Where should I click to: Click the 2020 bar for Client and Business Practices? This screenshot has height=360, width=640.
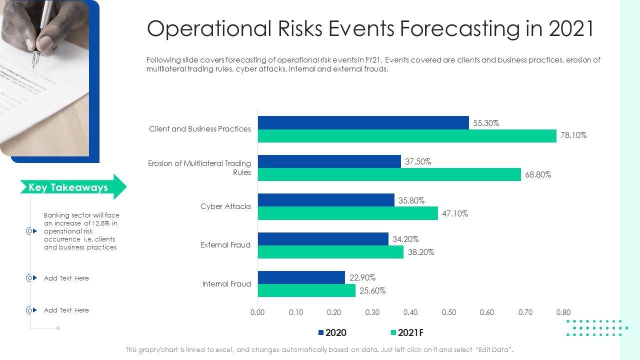[x=363, y=122]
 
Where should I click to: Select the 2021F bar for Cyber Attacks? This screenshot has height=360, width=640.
[x=348, y=213]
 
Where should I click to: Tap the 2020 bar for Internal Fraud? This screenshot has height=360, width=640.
[x=301, y=277]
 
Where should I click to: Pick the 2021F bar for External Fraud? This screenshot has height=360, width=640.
[x=330, y=252]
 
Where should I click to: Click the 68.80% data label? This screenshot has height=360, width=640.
[x=538, y=175]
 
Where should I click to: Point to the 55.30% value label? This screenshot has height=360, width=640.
[x=486, y=123]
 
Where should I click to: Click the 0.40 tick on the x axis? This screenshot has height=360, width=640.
[x=410, y=312]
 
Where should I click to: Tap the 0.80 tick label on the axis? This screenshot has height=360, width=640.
[x=563, y=312]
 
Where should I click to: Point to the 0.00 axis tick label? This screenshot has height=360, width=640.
[x=257, y=312]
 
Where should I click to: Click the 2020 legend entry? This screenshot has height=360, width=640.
[x=332, y=333]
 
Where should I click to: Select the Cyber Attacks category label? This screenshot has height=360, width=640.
[x=226, y=206]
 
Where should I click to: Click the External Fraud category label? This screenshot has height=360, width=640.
[x=225, y=245]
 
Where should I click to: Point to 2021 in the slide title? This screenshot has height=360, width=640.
[x=571, y=29]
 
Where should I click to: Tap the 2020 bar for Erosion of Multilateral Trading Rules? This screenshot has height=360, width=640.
[x=329, y=161]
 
